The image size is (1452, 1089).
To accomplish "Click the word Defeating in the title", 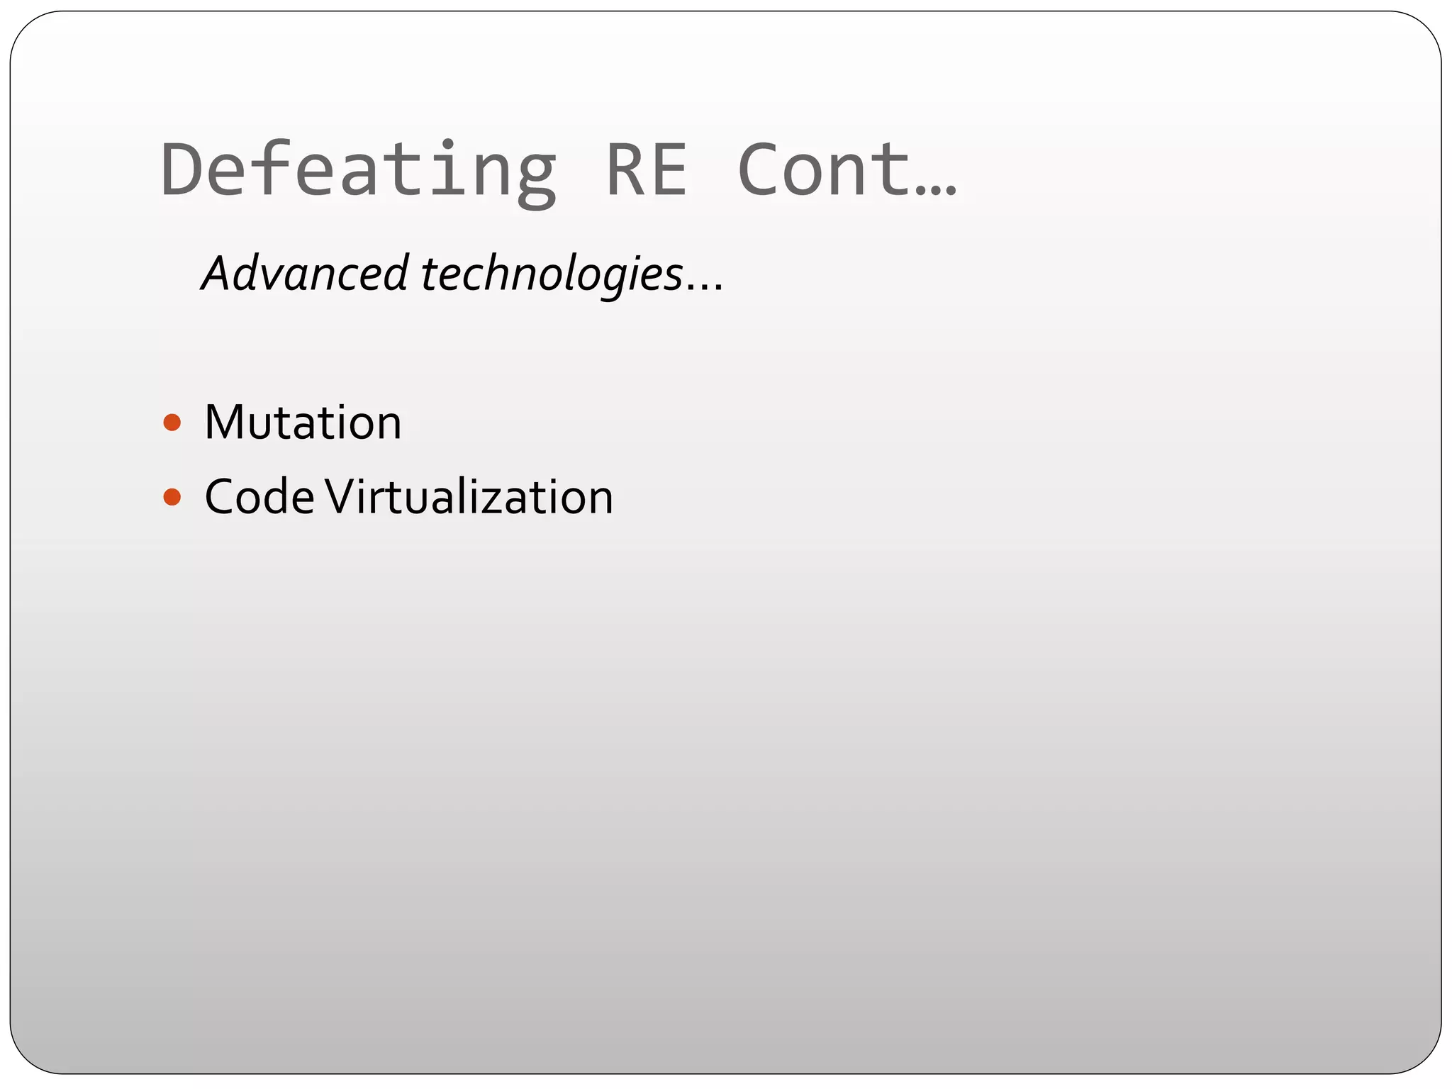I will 358,170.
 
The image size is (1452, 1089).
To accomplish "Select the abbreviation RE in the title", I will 647,170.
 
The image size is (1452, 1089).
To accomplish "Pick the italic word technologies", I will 552,274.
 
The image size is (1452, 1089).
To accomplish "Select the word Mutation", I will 303,423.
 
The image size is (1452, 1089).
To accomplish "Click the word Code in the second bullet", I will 259,497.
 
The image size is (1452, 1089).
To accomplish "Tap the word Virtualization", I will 469,497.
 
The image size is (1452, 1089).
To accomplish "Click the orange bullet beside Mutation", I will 172,423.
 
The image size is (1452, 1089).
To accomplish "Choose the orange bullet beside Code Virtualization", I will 172,497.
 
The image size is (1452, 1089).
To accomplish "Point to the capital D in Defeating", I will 182,170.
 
